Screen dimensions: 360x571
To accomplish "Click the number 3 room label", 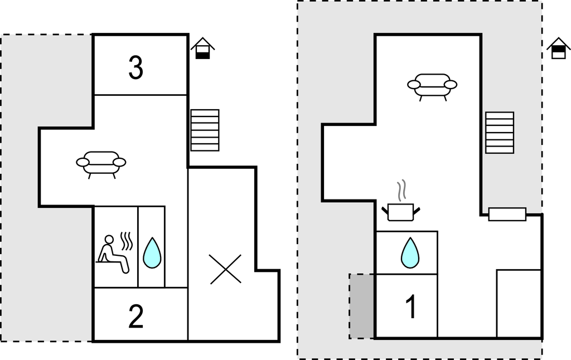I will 136,68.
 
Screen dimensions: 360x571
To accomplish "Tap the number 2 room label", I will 136,317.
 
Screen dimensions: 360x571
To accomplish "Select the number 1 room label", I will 411,307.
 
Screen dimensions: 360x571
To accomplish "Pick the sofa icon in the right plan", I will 432,86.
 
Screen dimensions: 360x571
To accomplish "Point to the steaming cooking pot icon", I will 400,211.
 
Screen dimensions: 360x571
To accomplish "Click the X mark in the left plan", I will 225,269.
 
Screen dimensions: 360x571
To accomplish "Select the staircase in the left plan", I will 205,130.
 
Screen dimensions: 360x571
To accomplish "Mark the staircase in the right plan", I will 499,132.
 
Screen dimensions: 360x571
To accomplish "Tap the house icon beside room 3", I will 202,48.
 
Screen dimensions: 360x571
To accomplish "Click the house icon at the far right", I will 558,48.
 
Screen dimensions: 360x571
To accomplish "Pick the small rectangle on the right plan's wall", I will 507,214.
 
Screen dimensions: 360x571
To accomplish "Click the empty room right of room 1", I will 519,303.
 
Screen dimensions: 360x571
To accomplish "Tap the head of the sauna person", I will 109,240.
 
